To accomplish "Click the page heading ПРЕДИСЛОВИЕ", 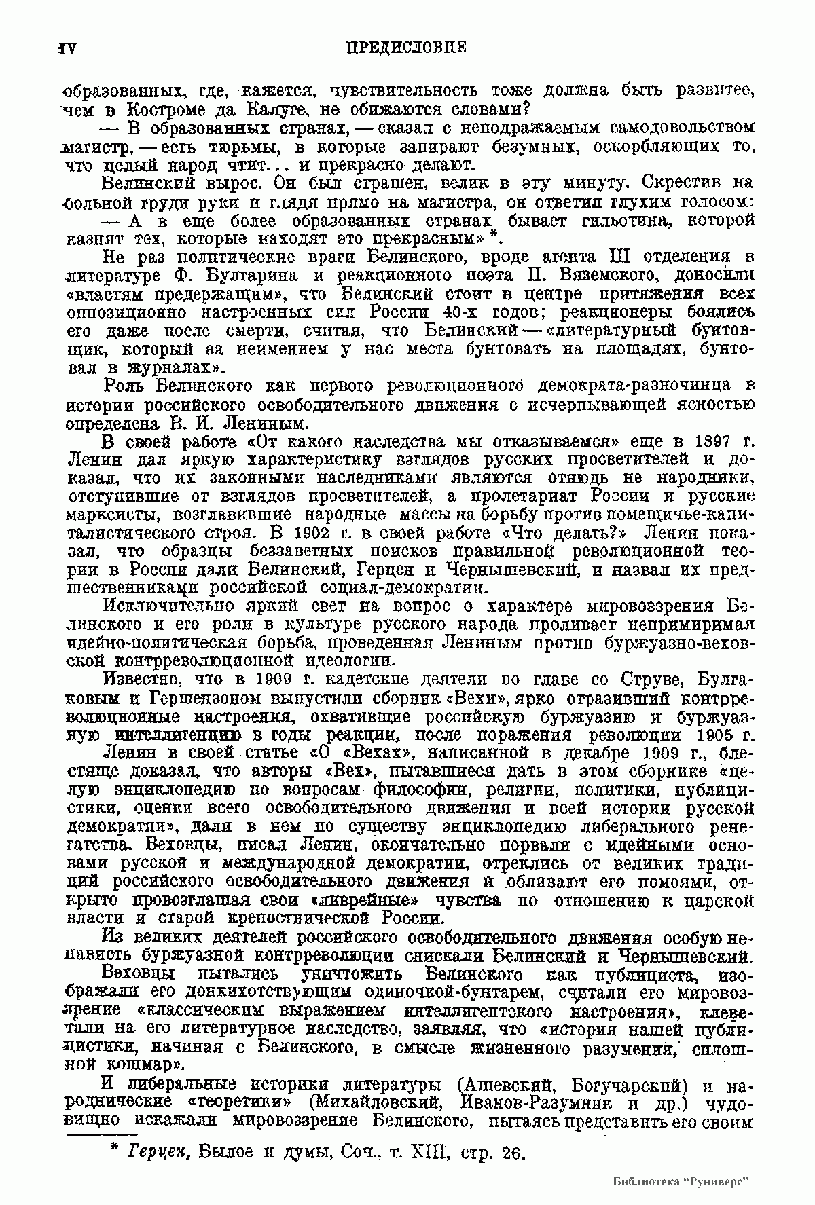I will [x=406, y=48].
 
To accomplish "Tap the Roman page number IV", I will [x=69, y=48].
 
